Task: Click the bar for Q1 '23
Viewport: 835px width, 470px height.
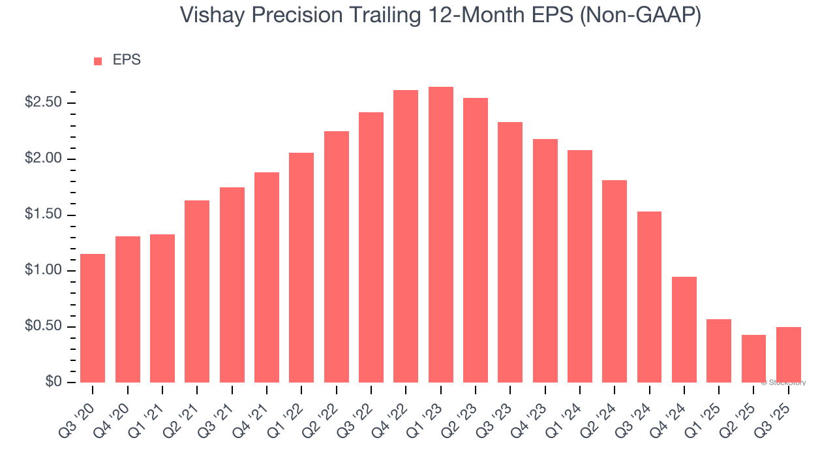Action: [440, 235]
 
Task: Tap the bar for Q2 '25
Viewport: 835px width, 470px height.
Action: [753, 358]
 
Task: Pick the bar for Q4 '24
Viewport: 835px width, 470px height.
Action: [684, 330]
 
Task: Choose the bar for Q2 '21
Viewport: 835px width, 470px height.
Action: [197, 291]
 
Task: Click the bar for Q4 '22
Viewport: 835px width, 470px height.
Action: [406, 236]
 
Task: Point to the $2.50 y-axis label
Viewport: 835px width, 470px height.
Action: [43, 103]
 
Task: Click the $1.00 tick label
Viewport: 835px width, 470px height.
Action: [43, 271]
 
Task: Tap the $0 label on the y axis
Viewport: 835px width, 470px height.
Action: [53, 383]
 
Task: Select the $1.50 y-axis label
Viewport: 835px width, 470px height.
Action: [43, 215]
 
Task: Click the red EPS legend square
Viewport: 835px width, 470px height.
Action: [98, 61]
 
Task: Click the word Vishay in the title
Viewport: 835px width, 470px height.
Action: [213, 14]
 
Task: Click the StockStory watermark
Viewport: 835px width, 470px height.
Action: [783, 383]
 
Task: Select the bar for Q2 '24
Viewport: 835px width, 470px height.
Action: [615, 281]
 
